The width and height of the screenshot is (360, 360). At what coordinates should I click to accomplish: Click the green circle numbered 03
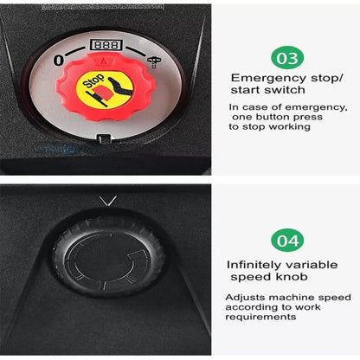pyautogui.click(x=287, y=58)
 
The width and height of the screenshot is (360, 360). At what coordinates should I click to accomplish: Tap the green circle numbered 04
pyautogui.click(x=287, y=241)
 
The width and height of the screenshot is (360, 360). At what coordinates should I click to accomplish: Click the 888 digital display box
pyautogui.click(x=106, y=45)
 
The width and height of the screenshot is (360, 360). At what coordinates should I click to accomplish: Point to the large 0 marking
pyautogui.click(x=59, y=61)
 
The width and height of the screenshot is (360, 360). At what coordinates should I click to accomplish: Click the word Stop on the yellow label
pyautogui.click(x=93, y=80)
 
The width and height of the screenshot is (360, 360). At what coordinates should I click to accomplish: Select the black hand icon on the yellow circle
pyautogui.click(x=121, y=87)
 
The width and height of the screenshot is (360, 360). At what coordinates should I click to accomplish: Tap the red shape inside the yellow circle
pyautogui.click(x=103, y=93)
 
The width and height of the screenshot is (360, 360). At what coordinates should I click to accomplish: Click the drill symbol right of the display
pyautogui.click(x=154, y=61)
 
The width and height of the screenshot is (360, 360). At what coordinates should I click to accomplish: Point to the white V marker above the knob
pyautogui.click(x=108, y=201)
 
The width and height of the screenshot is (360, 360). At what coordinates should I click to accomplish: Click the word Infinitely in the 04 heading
pyautogui.click(x=254, y=265)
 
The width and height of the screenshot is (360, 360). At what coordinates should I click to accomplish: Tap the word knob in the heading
pyautogui.click(x=292, y=276)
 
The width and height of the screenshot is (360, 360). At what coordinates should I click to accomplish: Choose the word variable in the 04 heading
pyautogui.click(x=312, y=265)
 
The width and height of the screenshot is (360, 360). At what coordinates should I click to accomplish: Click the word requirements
pyautogui.click(x=260, y=317)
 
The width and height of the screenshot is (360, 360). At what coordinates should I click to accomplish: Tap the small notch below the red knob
pyautogui.click(x=104, y=138)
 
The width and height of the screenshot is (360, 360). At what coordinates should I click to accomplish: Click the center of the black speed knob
pyautogui.click(x=108, y=258)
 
